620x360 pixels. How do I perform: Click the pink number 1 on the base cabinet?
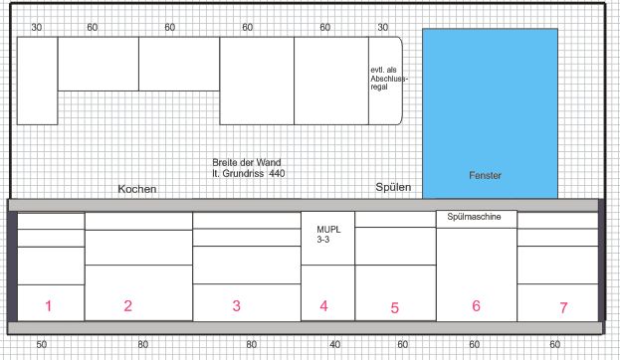point(48,306)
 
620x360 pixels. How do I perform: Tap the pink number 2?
point(127,306)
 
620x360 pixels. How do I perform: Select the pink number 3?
point(237,306)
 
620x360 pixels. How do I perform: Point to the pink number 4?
point(323,306)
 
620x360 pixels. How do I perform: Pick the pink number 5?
point(395,308)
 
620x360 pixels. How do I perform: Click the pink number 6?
point(476,306)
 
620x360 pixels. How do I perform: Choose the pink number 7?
point(563,308)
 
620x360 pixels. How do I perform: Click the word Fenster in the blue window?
point(486,175)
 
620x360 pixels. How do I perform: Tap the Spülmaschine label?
point(474,217)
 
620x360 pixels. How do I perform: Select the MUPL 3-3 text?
point(328,235)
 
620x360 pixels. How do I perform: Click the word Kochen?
point(137,189)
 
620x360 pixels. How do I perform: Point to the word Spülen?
point(393,187)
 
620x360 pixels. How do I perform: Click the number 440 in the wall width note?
point(278,173)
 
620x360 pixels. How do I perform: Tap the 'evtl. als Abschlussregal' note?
point(389,79)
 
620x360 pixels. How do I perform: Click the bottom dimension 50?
point(42,345)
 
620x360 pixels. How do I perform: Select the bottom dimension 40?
point(335,345)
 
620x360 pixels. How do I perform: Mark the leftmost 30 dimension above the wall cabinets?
point(37,27)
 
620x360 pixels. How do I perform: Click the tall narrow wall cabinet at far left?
point(37,81)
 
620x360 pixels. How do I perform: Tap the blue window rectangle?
point(490,113)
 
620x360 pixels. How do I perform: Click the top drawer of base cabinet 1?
point(51,221)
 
